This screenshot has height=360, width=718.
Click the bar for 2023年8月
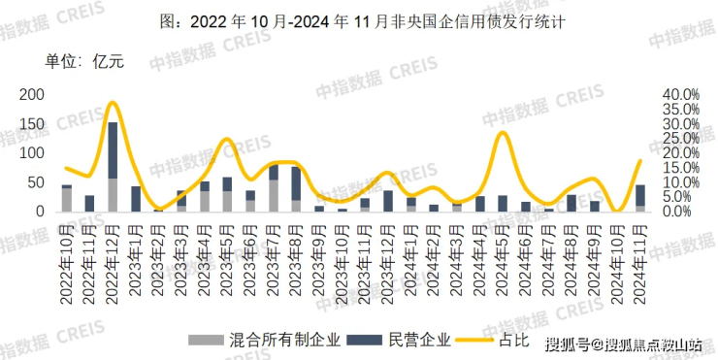(296, 189)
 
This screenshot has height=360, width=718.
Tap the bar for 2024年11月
(639, 198)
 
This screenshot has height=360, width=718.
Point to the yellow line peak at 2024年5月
(502, 133)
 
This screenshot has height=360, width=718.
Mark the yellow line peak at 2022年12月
(113, 102)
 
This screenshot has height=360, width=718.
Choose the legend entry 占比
(504, 340)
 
